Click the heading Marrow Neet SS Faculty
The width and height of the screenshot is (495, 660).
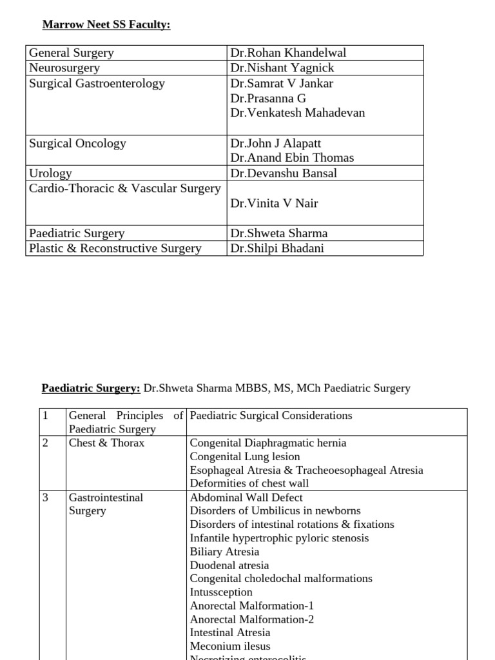[106, 25]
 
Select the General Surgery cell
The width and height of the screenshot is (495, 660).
[72, 53]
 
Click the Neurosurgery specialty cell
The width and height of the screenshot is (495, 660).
[64, 68]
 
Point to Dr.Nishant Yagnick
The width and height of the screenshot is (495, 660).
[282, 68]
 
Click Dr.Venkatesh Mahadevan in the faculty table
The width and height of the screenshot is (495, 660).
[297, 113]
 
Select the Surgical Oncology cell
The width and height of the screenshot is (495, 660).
[77, 144]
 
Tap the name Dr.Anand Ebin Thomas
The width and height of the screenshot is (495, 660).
[292, 158]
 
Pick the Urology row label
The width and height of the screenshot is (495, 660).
[50, 173]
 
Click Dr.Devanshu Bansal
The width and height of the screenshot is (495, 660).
[284, 173]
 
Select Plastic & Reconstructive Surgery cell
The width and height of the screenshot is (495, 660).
[115, 248]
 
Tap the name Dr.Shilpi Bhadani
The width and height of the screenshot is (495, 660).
[277, 248]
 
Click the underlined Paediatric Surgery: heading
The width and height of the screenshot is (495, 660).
[91, 388]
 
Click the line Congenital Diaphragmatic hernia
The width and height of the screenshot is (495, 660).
[268, 443]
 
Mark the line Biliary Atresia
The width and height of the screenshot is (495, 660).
[224, 552]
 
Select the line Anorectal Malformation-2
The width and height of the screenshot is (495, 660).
[252, 619]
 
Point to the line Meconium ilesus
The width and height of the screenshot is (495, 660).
[230, 646]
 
